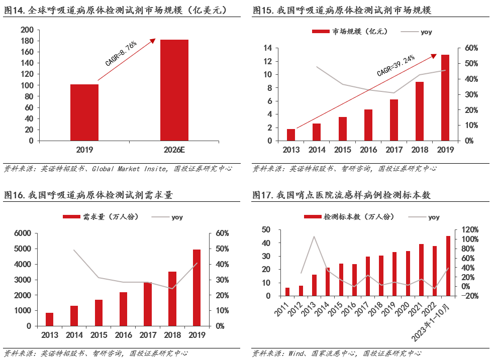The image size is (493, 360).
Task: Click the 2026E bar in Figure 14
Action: (x=174, y=90)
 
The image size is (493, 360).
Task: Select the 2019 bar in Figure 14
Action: (x=84, y=112)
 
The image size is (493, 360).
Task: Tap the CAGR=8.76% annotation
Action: (x=121, y=54)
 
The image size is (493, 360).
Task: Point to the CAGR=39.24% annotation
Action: (x=396, y=66)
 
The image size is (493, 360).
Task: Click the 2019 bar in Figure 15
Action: (x=445, y=97)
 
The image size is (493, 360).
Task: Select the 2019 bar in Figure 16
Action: (x=196, y=288)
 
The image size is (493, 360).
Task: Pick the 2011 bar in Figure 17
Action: (x=287, y=292)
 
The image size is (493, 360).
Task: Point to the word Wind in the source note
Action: (x=297, y=353)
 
